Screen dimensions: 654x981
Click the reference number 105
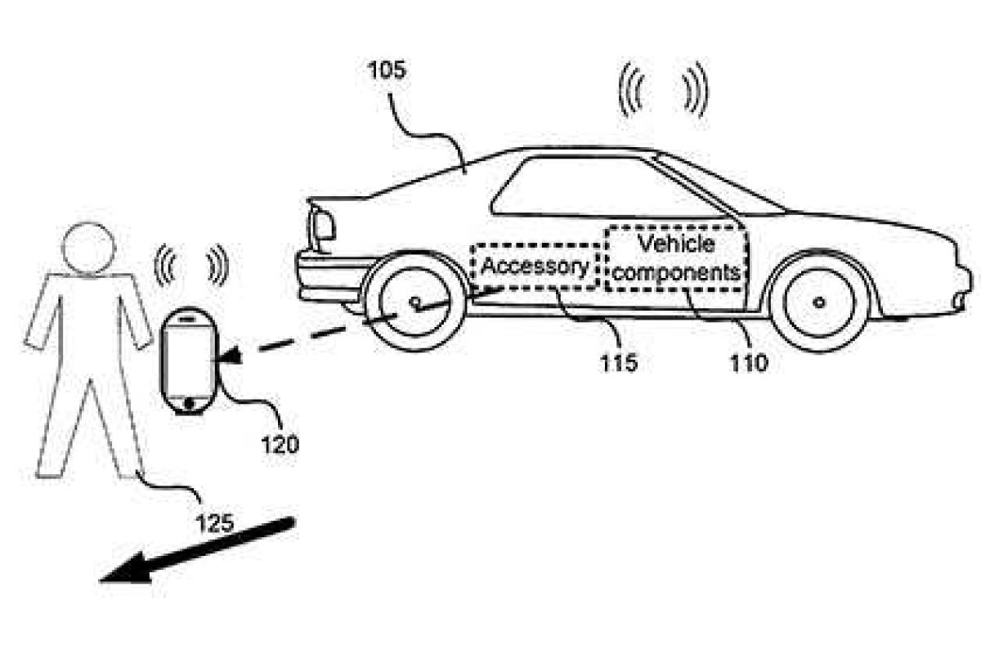[x=386, y=72]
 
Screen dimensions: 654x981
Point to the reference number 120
[x=280, y=444]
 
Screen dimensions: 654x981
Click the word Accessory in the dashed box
[x=535, y=267]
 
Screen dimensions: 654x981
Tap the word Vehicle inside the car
[x=675, y=244]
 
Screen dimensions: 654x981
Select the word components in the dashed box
[x=677, y=271]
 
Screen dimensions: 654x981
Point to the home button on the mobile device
[x=188, y=403]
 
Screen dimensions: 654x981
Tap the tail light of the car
[x=322, y=225]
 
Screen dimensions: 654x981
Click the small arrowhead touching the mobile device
[x=233, y=356]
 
